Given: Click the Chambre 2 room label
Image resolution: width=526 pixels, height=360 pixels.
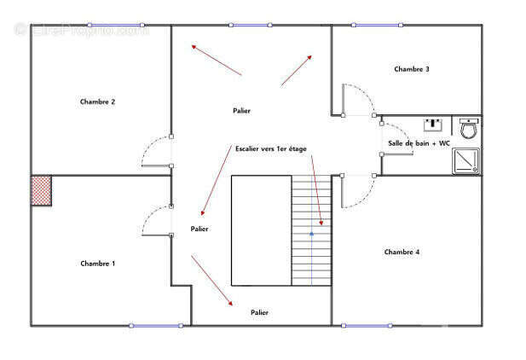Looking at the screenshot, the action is point(98,102).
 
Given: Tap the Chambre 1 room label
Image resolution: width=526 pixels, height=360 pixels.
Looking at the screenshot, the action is point(98,264).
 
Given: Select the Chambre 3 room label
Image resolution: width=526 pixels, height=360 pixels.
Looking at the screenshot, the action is point(412,69).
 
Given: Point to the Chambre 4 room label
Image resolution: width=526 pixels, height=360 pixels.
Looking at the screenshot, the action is point(402,252).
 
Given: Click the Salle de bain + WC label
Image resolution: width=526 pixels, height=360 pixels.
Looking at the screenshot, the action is point(419,143).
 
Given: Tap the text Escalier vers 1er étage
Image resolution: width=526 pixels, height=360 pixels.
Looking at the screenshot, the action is point(271,148).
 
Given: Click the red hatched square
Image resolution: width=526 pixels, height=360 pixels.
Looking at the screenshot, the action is point(41,191).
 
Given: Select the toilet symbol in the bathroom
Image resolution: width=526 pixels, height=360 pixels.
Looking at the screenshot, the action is point(469,128).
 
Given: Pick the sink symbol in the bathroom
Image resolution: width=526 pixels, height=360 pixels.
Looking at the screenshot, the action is point(433,125).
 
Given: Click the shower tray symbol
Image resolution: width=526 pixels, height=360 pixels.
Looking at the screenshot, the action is point(466,161).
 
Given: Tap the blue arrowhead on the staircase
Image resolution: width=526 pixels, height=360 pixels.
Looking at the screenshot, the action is point(312,234).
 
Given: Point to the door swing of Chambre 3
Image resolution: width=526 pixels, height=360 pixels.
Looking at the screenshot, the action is point(364,92).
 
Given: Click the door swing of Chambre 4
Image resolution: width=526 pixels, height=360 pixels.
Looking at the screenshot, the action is point(364,199).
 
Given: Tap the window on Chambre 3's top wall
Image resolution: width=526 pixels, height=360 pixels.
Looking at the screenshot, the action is point(377,25).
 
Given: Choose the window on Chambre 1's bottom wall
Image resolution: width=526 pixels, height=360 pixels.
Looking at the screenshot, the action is point(156,325).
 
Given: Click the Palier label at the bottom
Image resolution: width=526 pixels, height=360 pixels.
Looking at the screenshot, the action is point(260,312).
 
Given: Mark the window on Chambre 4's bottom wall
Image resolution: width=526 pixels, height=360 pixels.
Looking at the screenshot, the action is point(367,325).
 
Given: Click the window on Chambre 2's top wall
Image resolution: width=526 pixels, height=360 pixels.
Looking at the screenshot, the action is point(116,25).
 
